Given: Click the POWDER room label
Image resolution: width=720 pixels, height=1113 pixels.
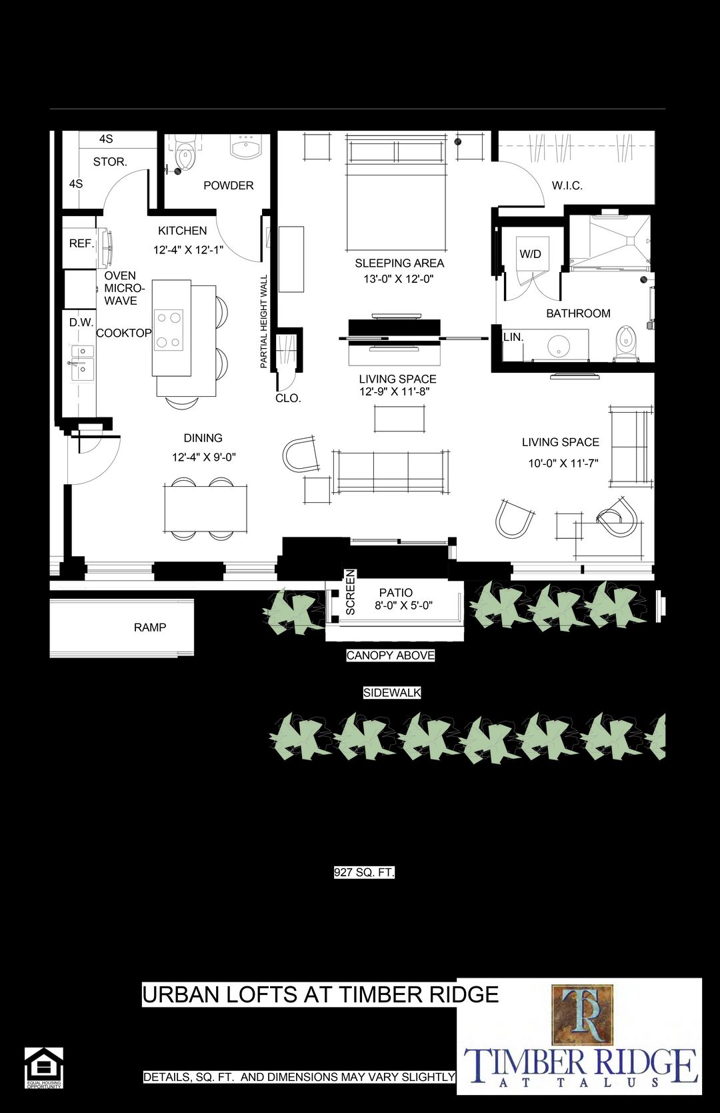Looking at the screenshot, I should (x=228, y=185).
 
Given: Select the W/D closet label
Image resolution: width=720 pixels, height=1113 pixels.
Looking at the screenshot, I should (x=530, y=254).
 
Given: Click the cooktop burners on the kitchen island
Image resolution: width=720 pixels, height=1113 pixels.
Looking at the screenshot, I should (x=169, y=330).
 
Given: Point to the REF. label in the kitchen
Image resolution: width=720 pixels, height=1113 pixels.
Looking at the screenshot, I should (x=81, y=243).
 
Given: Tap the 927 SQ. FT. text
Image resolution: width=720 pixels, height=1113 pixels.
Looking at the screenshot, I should (x=364, y=872).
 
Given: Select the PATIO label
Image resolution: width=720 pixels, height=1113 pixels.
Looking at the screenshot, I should (x=395, y=592).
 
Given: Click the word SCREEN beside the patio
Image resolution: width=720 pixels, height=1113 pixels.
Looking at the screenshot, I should (x=351, y=592).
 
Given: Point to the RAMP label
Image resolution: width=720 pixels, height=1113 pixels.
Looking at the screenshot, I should (x=150, y=627).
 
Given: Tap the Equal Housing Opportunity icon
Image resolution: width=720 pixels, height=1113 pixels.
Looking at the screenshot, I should (x=43, y=1068).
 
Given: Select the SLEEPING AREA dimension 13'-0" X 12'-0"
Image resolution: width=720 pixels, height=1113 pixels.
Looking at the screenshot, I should (x=398, y=279).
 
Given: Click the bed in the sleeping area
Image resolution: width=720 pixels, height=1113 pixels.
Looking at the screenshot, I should (x=395, y=200).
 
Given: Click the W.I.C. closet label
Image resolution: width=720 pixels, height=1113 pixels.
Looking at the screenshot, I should (x=567, y=185).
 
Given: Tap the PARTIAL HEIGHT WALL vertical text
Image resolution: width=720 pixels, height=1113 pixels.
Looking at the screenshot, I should (x=264, y=321).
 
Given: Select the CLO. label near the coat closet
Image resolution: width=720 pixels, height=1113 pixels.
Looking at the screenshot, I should (x=288, y=398).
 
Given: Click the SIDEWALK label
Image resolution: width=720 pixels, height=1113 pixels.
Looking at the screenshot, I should (x=392, y=693).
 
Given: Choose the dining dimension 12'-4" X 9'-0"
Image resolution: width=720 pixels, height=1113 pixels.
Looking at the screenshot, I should (x=204, y=457).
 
